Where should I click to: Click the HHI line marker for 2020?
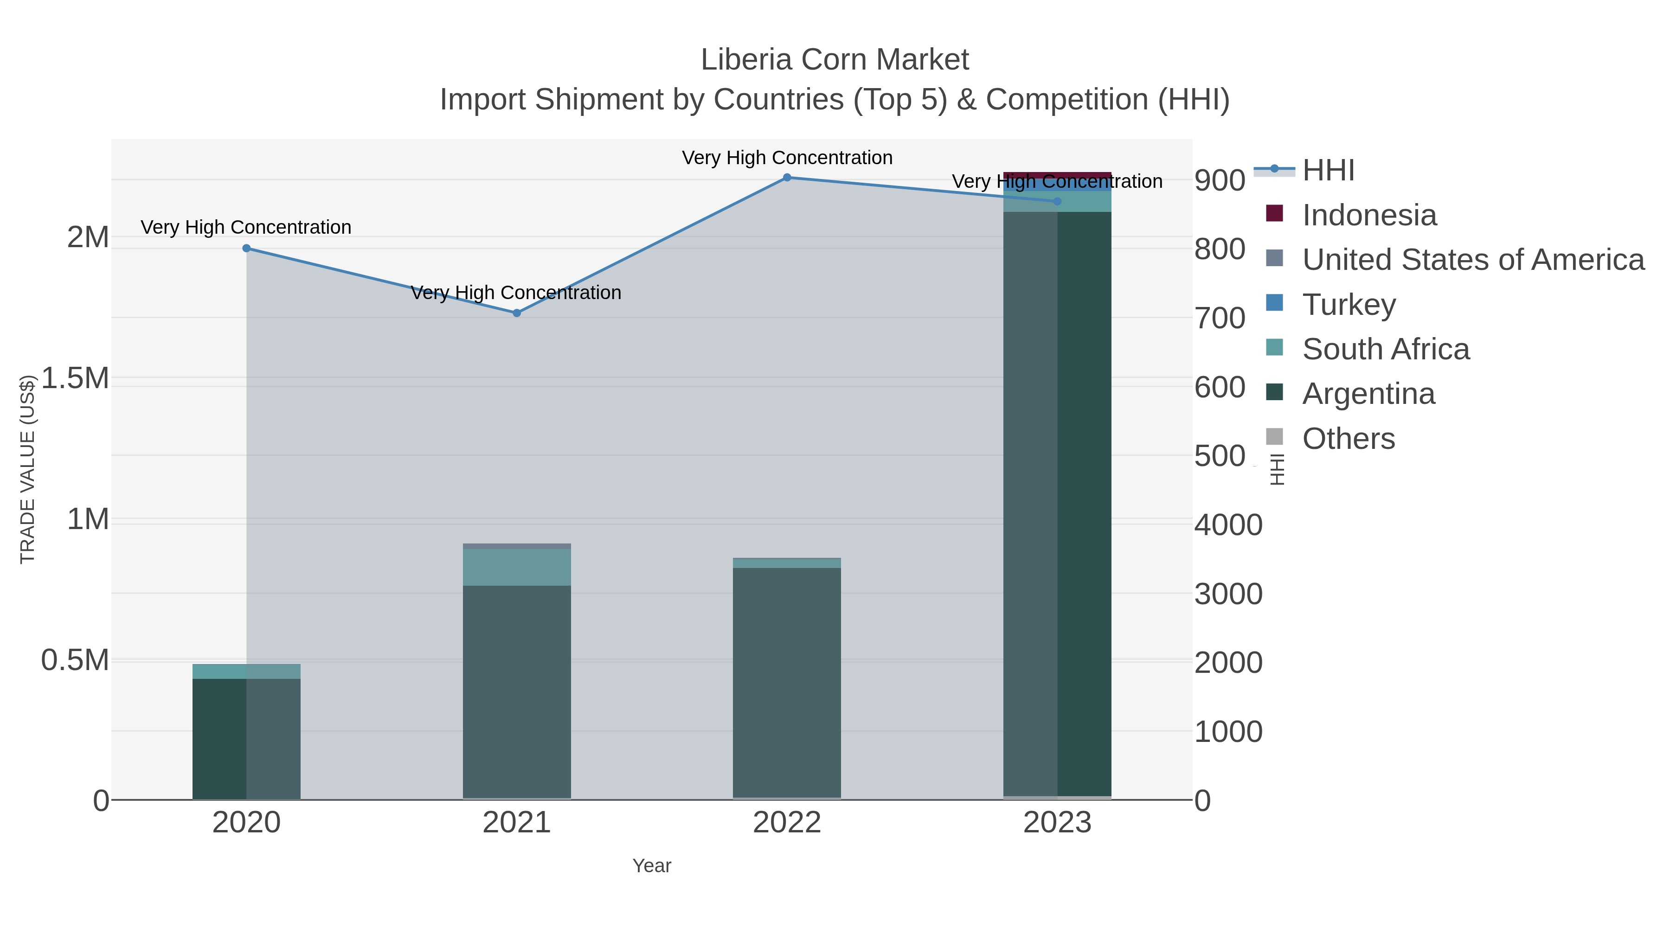click(x=246, y=248)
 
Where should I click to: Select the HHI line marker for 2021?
click(x=517, y=313)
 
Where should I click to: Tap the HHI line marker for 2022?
click(x=787, y=178)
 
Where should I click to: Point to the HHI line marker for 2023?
click(x=1057, y=202)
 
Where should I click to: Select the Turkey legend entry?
click(x=1349, y=305)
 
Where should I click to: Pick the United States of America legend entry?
click(x=1472, y=260)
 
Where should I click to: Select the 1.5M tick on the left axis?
click(x=75, y=378)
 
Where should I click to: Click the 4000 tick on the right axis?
click(x=1228, y=525)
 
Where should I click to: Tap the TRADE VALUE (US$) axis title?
click(x=27, y=469)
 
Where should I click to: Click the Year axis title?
click(x=652, y=866)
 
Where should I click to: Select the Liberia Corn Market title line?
click(x=835, y=60)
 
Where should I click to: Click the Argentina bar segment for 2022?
click(x=787, y=680)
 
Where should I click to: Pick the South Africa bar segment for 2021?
click(x=517, y=567)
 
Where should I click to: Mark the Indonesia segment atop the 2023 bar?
click(x=1057, y=175)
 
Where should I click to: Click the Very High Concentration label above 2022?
click(x=787, y=158)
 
